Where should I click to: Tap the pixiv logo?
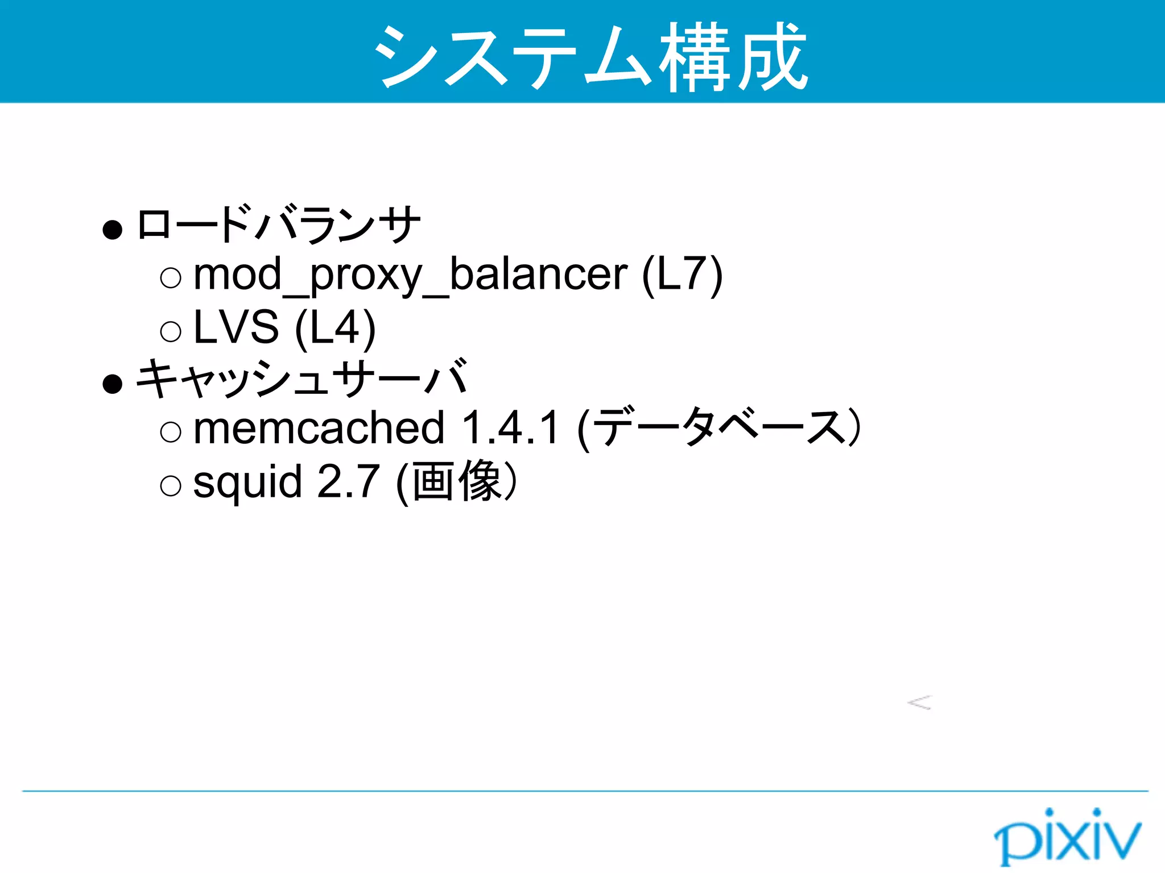(x=1067, y=837)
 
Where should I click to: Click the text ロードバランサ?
(x=278, y=225)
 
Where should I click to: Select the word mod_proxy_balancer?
(x=410, y=275)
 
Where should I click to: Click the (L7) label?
(x=682, y=275)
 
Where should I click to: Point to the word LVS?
(x=236, y=327)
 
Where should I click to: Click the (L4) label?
(x=335, y=328)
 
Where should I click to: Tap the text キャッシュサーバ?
(x=302, y=378)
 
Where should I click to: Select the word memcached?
(x=319, y=428)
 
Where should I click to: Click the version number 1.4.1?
(x=510, y=428)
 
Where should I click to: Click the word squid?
(x=247, y=483)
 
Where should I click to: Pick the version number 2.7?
(x=348, y=481)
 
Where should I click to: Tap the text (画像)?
(x=457, y=482)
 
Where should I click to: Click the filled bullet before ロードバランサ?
(x=113, y=230)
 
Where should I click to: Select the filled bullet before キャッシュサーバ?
(x=113, y=384)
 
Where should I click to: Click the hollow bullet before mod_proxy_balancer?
(x=171, y=278)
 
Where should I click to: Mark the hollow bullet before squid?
(x=171, y=485)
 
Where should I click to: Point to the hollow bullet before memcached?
(x=171, y=432)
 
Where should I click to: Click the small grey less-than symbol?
(x=919, y=702)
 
